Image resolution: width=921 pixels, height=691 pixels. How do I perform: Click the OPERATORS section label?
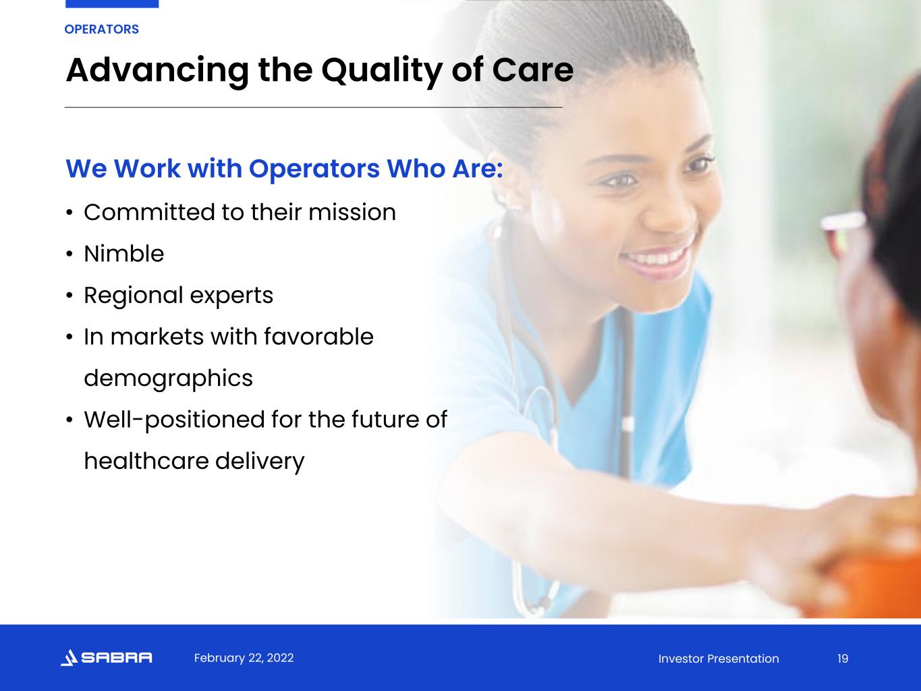click(x=101, y=30)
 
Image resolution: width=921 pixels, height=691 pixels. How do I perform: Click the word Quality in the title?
click(x=381, y=72)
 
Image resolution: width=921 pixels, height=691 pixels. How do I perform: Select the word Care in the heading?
click(x=532, y=70)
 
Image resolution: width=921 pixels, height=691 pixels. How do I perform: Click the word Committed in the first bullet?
click(x=149, y=213)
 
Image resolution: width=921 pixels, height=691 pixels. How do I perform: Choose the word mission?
click(x=352, y=213)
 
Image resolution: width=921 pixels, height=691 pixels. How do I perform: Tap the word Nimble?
click(x=123, y=254)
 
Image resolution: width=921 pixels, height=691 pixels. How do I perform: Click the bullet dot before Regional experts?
click(x=69, y=296)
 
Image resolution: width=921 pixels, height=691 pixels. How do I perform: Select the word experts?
click(x=231, y=296)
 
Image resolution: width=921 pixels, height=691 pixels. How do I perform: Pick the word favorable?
click(x=318, y=337)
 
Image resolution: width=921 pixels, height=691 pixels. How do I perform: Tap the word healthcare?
click(x=146, y=461)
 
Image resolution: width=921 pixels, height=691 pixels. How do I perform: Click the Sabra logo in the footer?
click(x=106, y=657)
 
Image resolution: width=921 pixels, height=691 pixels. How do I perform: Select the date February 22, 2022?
click(x=244, y=658)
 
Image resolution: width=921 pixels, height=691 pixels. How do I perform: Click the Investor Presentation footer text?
click(x=719, y=659)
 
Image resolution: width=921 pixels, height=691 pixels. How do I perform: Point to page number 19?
click(x=843, y=659)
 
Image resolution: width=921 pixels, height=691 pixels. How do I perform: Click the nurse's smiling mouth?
click(x=657, y=260)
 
